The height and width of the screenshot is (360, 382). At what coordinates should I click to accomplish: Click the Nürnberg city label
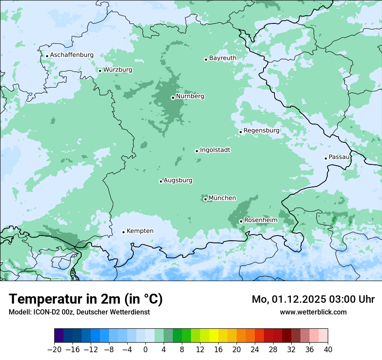pos(190,96)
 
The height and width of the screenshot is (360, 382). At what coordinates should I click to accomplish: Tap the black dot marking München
pos(205,200)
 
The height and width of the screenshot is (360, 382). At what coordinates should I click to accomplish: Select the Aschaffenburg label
pos(72,55)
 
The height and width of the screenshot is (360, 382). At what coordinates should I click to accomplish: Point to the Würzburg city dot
pos(100,71)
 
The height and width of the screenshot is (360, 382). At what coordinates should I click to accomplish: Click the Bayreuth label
pos(223,58)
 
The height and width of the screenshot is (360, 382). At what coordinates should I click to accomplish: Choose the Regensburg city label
pos(261,131)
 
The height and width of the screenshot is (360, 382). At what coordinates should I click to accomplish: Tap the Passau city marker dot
pos(326,158)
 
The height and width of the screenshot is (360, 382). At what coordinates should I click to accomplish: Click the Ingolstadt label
pos(215,150)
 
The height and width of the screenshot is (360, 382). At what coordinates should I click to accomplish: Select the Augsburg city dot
pos(161,181)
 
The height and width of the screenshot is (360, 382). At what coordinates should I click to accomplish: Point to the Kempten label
pos(140,231)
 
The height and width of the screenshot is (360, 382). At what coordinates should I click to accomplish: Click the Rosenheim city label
pos(260,220)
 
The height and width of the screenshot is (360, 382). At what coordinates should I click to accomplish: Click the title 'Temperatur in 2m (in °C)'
pos(86,299)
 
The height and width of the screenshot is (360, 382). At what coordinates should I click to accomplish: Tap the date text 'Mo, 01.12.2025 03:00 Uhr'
pos(313,299)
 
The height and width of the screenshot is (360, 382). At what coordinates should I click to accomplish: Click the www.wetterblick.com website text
pos(313,312)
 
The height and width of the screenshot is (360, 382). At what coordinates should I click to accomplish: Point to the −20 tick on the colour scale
pos(54,350)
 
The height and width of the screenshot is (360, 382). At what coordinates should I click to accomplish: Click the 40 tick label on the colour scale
pos(328,350)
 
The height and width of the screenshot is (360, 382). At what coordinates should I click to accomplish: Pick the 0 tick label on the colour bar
pos(145,350)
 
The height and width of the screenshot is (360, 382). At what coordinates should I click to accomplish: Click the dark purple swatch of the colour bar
pos(59,336)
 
